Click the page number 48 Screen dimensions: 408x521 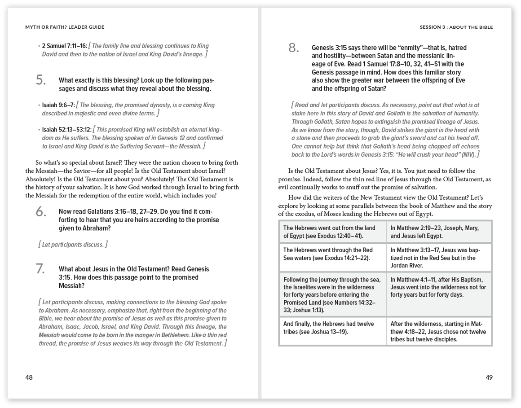click(29, 377)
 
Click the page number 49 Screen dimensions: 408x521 click(489, 377)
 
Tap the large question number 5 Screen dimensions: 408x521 click(41, 80)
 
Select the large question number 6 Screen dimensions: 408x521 click(41, 211)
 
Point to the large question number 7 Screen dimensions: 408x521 click(41, 269)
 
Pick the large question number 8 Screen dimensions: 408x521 click(294, 48)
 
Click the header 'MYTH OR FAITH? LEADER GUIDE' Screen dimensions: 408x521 click(65, 27)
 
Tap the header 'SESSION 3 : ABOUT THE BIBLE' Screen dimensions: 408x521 click(456, 27)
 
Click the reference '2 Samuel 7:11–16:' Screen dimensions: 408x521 click(65, 46)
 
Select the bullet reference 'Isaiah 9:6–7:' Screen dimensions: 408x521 click(58, 105)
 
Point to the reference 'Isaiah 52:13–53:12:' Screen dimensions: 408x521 click(67, 130)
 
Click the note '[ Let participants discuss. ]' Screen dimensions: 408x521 click(73, 245)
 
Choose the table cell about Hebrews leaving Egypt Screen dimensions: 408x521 click(332, 232)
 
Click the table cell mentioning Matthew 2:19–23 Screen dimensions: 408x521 click(439, 232)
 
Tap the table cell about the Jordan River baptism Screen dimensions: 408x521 click(439, 258)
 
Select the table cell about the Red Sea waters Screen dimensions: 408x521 click(332, 254)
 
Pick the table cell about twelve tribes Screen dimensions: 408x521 click(332, 328)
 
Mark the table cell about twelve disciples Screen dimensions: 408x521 click(439, 331)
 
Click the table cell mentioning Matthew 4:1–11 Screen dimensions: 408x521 click(439, 287)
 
